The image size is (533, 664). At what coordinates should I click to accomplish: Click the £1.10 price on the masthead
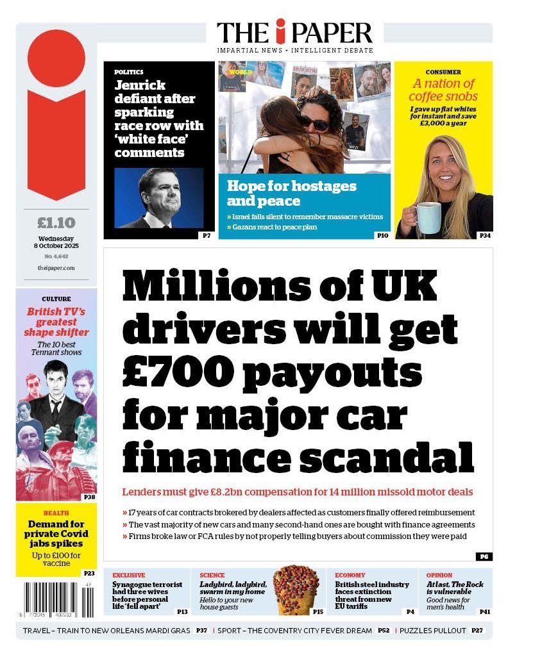tap(56, 223)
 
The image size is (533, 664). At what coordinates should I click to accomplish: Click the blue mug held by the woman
tap(428, 217)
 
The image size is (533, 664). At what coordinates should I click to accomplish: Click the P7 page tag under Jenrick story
tap(207, 236)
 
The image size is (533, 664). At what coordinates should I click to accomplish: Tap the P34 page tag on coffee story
tap(485, 236)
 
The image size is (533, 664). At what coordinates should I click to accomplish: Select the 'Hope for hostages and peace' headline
tap(291, 194)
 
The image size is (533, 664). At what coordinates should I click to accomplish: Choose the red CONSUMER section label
tap(443, 72)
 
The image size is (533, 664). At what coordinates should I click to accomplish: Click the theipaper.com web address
tap(56, 268)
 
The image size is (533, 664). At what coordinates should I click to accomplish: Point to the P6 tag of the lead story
tap(484, 556)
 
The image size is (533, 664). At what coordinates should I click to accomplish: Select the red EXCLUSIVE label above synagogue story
tap(129, 575)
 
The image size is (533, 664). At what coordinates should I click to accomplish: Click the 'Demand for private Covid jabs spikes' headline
tap(56, 534)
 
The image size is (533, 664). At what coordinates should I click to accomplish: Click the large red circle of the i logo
tap(56, 58)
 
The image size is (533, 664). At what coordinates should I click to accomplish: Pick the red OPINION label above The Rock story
tap(439, 575)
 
